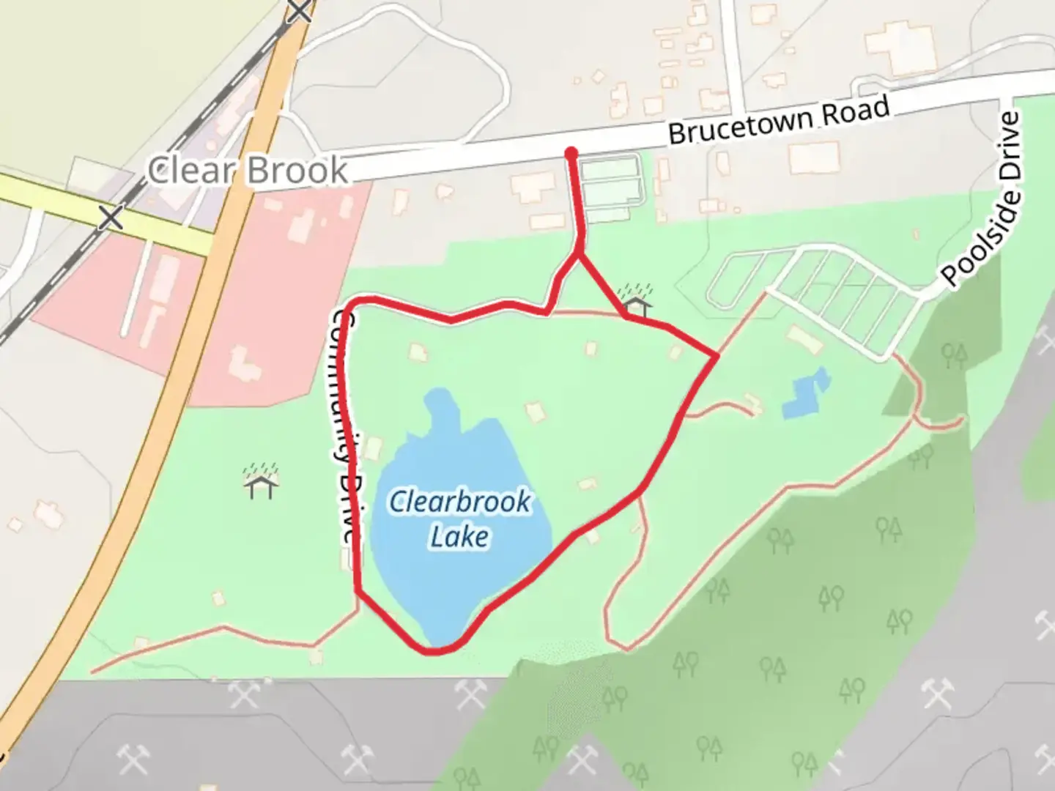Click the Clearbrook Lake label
[x=460, y=519]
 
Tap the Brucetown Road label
[x=779, y=121]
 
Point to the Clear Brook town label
[x=248, y=171]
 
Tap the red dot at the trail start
[x=571, y=153]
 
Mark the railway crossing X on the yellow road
[x=111, y=217]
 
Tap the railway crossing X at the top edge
[x=300, y=10]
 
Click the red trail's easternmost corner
[x=716, y=356]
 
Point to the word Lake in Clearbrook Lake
[x=459, y=536]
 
